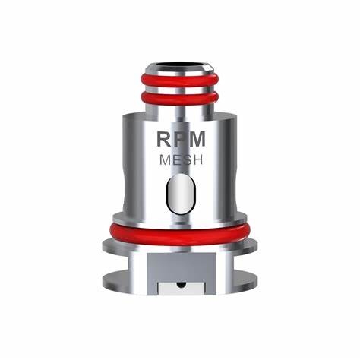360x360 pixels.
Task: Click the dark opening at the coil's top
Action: (x=179, y=60)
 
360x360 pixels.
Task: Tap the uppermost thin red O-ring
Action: (x=179, y=79)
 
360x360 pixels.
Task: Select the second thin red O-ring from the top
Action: (x=179, y=97)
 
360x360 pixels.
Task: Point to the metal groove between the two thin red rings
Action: (x=179, y=88)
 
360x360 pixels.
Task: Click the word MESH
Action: (x=179, y=161)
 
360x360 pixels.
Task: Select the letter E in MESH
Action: (x=173, y=161)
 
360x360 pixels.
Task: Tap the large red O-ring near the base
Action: (x=179, y=232)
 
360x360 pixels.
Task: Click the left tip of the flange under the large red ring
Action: (x=106, y=245)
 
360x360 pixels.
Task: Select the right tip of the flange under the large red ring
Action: (x=253, y=245)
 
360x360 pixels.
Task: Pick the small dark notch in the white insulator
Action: (x=179, y=286)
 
